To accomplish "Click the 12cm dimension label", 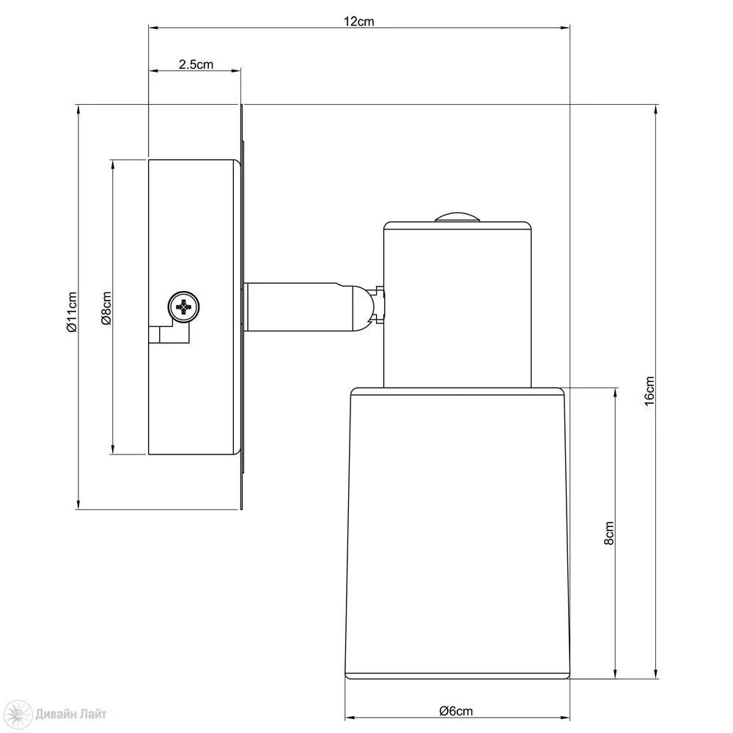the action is point(359,21).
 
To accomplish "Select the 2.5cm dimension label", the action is point(196,64).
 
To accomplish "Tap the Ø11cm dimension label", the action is point(72,312).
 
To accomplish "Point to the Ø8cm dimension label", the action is point(106,308).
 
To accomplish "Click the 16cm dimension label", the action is point(649,391).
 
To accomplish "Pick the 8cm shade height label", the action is point(608,533).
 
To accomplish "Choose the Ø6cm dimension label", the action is point(456,711).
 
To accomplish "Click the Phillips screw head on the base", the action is point(184,307).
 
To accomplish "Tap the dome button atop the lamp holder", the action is point(457,217).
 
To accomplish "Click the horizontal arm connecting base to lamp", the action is point(299,306).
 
